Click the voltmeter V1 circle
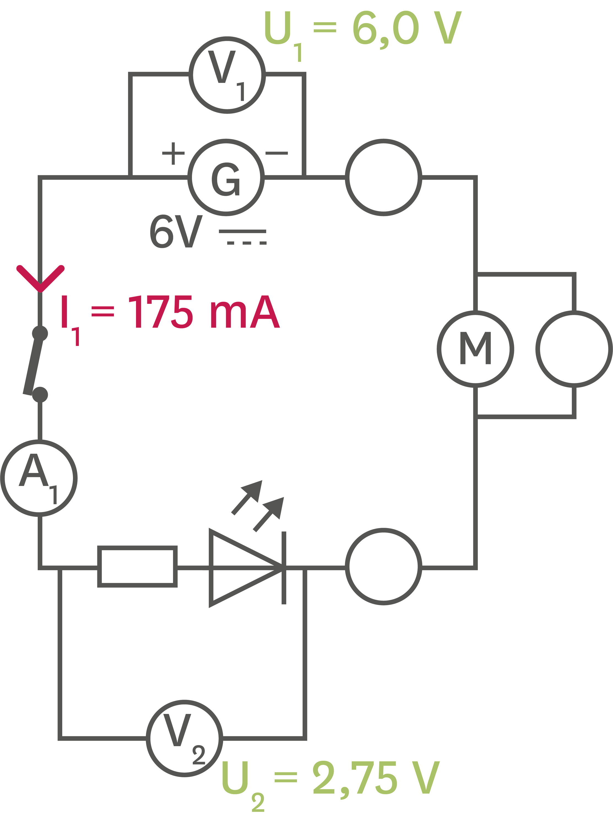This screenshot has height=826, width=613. click(227, 75)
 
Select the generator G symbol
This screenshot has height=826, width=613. click(226, 178)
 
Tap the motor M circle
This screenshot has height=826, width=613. click(475, 349)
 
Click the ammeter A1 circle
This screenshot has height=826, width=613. click(39, 478)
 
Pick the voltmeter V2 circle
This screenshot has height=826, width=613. click(185, 738)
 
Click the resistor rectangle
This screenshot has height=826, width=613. click(137, 566)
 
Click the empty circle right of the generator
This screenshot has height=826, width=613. click(383, 178)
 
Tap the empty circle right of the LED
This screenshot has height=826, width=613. click(383, 566)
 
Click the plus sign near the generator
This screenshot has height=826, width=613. click(173, 153)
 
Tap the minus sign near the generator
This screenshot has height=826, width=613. click(276, 153)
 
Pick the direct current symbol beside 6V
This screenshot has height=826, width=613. click(243, 237)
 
